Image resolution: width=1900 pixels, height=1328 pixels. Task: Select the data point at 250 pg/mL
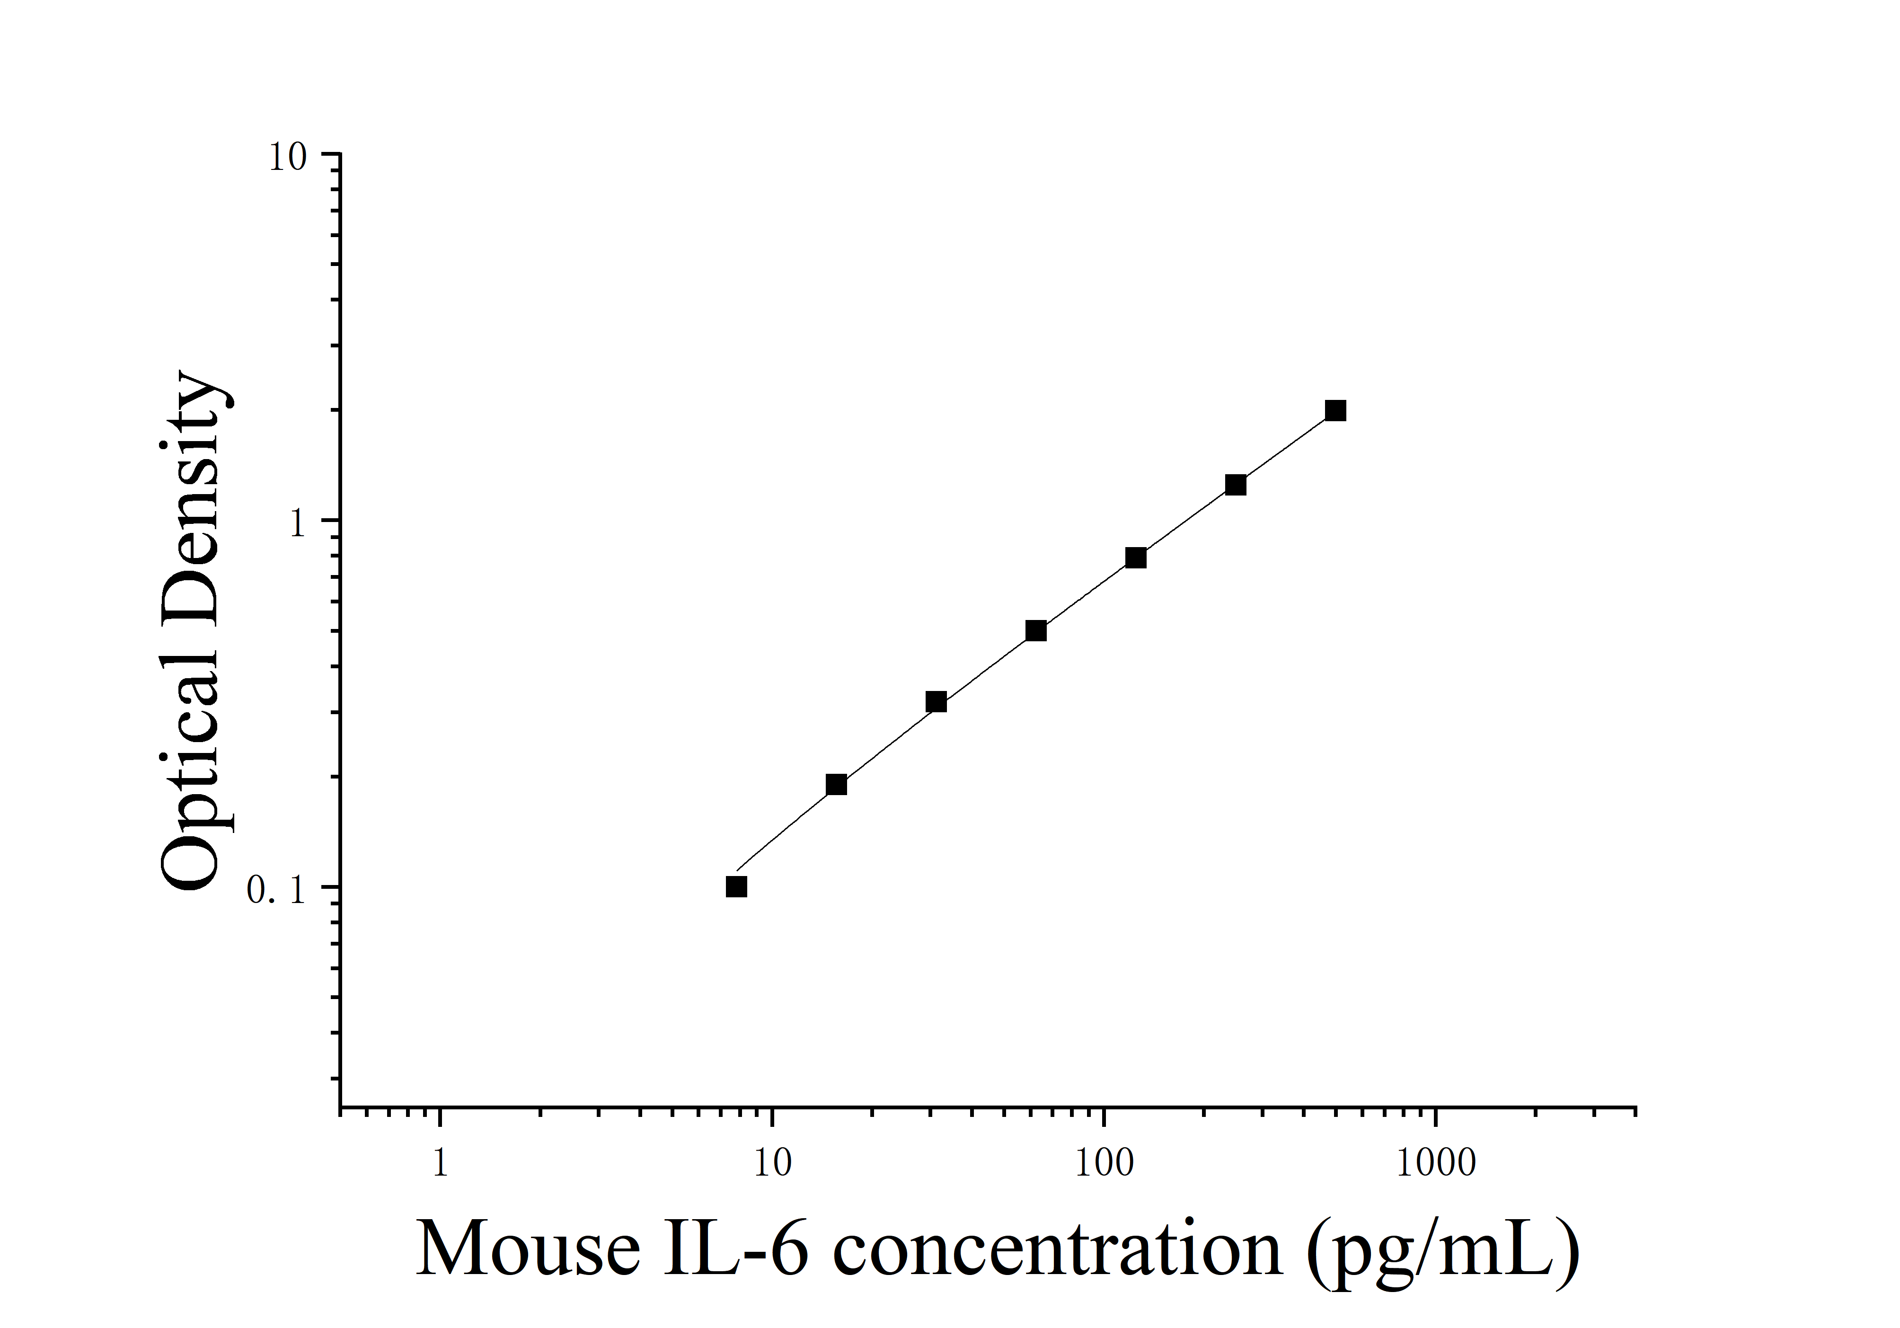pyautogui.click(x=1236, y=485)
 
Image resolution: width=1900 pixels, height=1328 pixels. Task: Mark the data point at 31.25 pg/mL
pyautogui.click(x=936, y=702)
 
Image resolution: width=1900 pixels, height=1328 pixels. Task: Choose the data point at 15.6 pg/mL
pyautogui.click(x=837, y=784)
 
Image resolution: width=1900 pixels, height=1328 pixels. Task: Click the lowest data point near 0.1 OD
pyautogui.click(x=736, y=887)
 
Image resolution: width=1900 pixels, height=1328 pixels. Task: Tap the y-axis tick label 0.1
pyautogui.click(x=277, y=890)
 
